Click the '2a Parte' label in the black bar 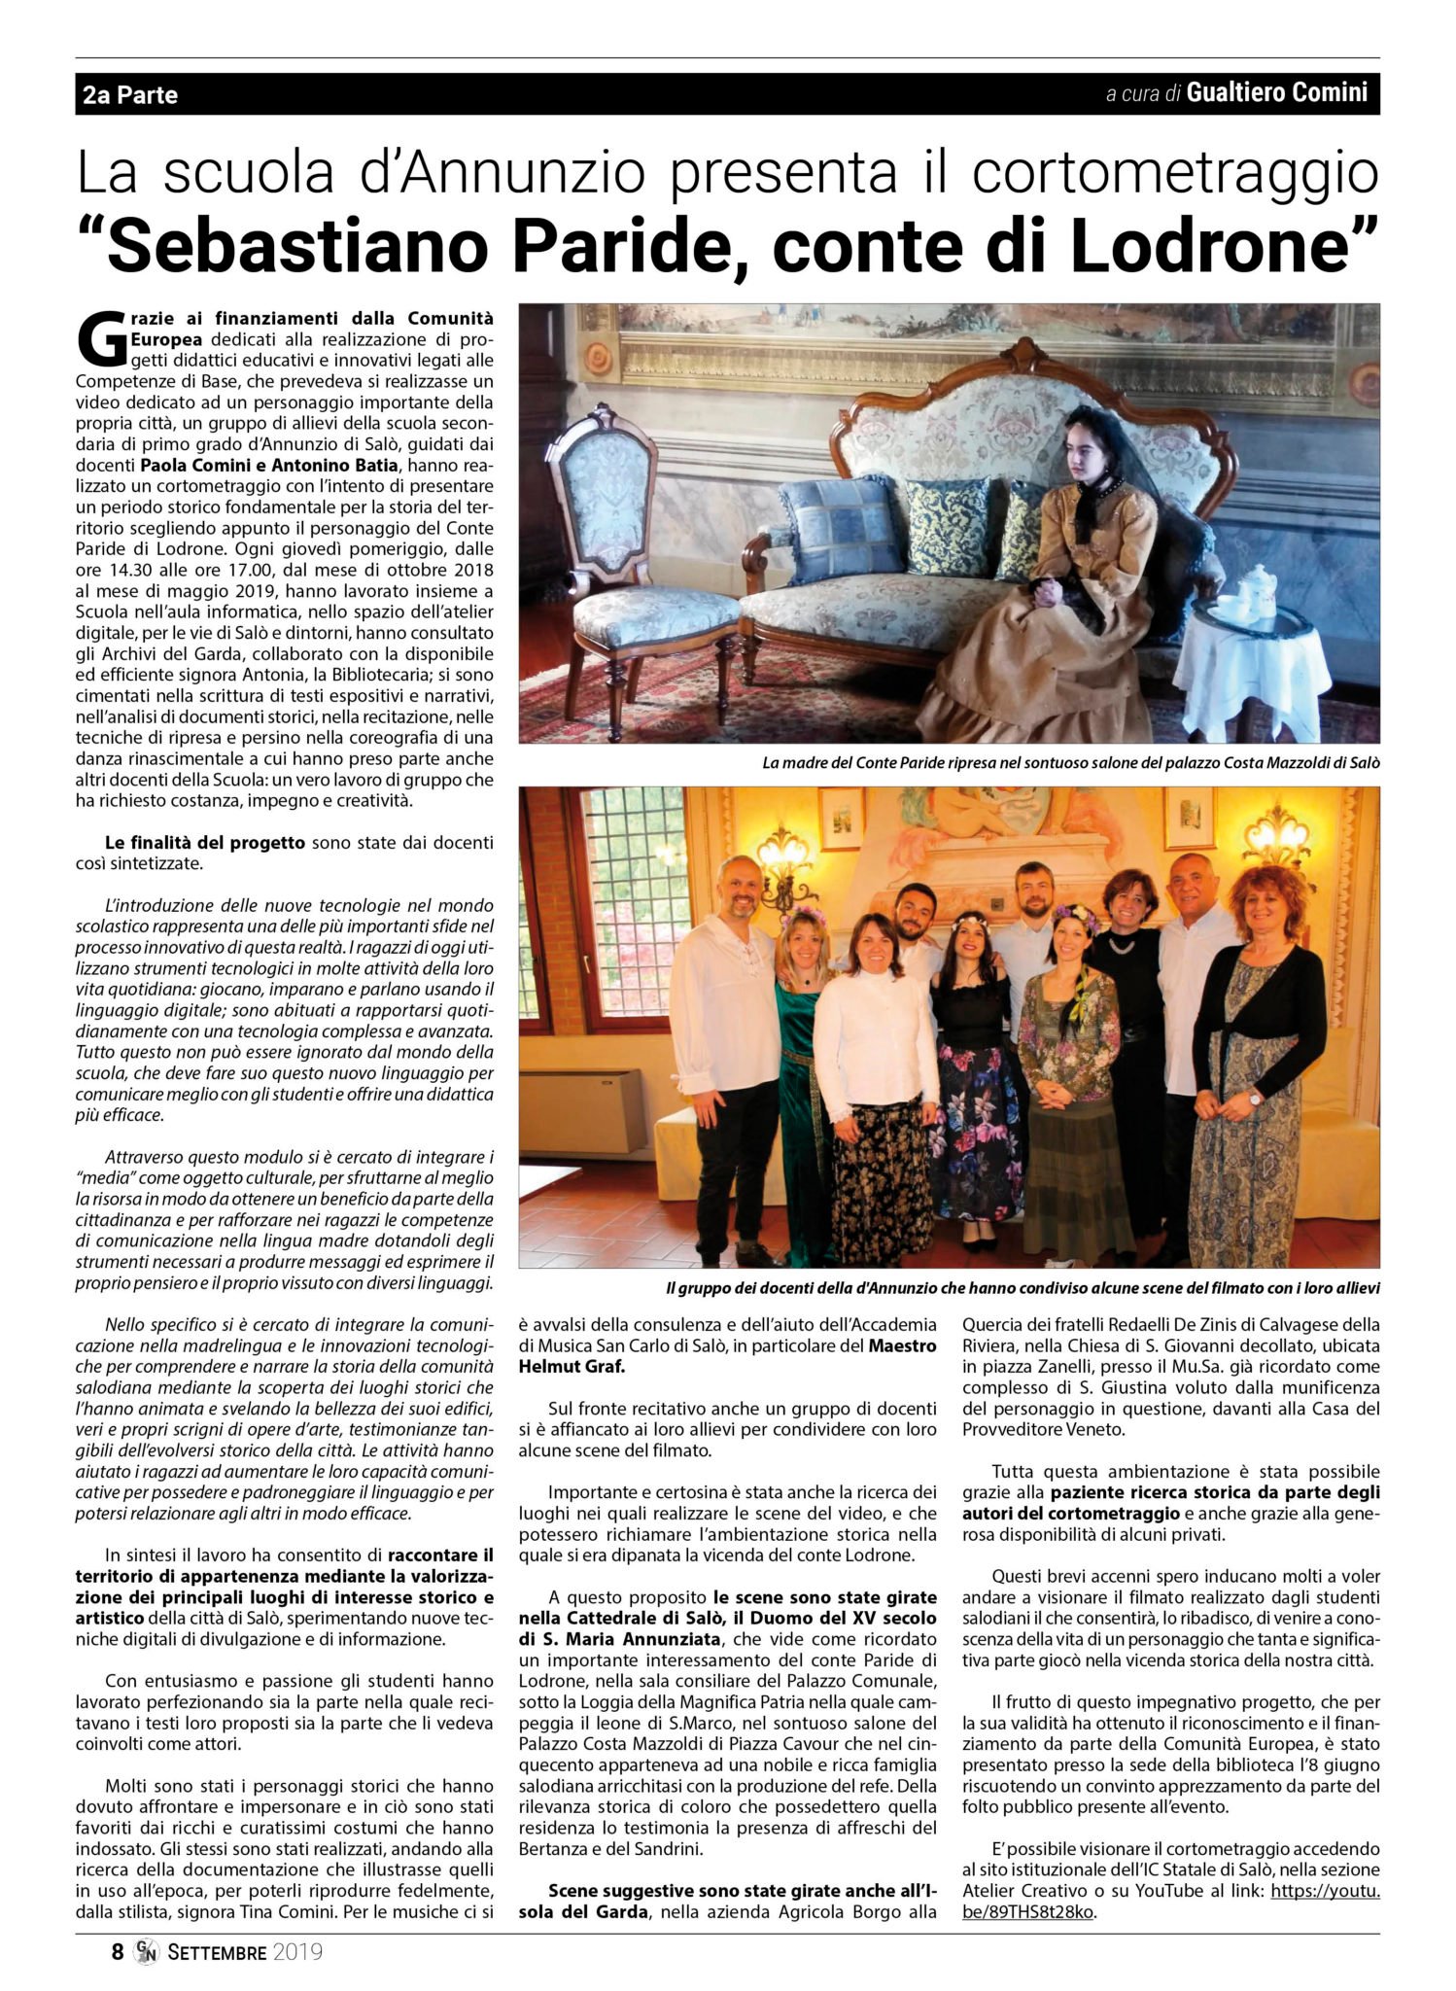[130, 95]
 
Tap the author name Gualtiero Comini [1276, 93]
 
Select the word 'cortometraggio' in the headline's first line [1175, 173]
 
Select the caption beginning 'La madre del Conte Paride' [1070, 763]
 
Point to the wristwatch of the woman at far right [1254, 1100]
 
